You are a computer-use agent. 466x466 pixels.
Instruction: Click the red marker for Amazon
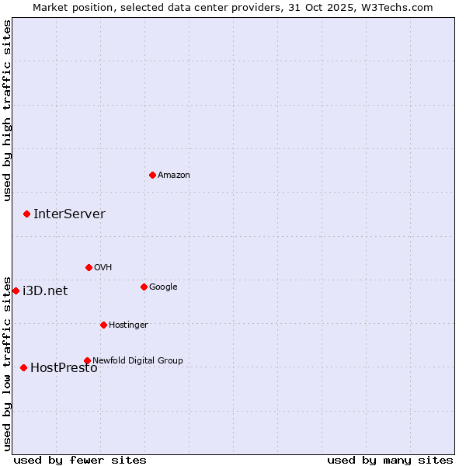[152, 175]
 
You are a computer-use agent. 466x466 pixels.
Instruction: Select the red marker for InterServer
[26, 214]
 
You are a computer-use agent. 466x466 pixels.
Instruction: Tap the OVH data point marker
[89, 267]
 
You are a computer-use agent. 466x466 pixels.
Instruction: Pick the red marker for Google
[144, 287]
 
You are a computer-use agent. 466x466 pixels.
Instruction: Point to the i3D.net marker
[16, 290]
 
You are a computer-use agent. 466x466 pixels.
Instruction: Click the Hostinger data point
[103, 325]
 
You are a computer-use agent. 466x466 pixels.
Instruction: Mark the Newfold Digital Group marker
[87, 360]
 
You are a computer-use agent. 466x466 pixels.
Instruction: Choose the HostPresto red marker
[23, 367]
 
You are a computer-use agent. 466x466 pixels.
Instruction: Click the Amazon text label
[174, 175]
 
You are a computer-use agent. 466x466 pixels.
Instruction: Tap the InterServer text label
[69, 214]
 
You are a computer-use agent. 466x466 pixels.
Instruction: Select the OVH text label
[103, 267]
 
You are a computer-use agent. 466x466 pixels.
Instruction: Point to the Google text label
[163, 287]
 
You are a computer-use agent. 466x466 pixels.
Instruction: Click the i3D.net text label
[45, 290]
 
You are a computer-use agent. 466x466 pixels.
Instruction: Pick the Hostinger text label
[128, 325]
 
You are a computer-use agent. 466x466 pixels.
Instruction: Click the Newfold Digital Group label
[137, 360]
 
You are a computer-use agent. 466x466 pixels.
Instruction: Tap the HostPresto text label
[64, 367]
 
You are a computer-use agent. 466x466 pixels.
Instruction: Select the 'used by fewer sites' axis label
[80, 460]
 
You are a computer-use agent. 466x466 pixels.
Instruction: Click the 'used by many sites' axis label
[390, 460]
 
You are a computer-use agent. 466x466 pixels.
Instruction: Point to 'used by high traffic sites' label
[7, 110]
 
